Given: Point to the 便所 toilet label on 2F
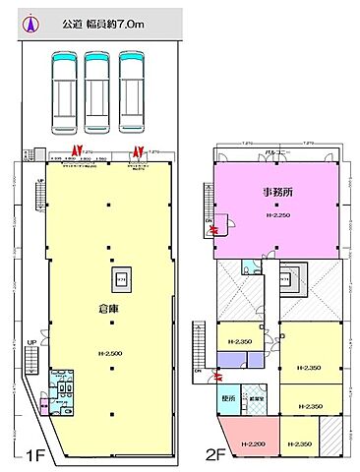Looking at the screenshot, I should (x=227, y=399).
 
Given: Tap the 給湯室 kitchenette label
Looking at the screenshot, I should (x=253, y=398).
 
